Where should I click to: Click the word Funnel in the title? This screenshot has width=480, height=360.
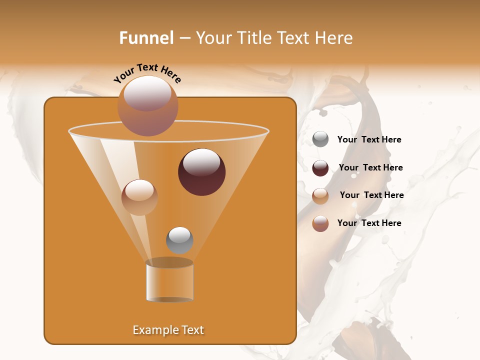(x=146, y=38)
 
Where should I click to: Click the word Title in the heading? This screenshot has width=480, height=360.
(x=254, y=38)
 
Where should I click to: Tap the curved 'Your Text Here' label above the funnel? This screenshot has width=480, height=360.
(x=147, y=72)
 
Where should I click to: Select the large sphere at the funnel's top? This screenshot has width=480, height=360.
(x=147, y=105)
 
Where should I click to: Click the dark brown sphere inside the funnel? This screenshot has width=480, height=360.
(x=201, y=172)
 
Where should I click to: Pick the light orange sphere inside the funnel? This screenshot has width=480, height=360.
(x=139, y=197)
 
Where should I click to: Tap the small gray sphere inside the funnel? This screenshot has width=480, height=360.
(x=179, y=240)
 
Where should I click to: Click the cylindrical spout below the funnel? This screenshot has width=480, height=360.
(x=169, y=283)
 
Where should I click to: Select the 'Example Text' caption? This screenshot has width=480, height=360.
(x=168, y=330)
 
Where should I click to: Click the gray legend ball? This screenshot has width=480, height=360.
(x=320, y=139)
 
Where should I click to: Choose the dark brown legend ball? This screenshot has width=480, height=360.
(x=320, y=168)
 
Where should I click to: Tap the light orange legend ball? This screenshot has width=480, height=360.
(x=320, y=196)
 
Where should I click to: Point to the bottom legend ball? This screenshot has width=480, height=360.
(x=320, y=223)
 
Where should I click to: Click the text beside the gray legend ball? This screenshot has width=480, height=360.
(x=369, y=140)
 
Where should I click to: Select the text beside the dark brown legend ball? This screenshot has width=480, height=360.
(x=370, y=167)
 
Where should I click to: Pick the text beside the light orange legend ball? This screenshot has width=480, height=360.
(x=371, y=195)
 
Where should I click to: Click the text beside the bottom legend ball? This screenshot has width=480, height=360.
(x=369, y=223)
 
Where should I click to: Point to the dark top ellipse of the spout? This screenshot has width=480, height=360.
(x=169, y=262)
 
